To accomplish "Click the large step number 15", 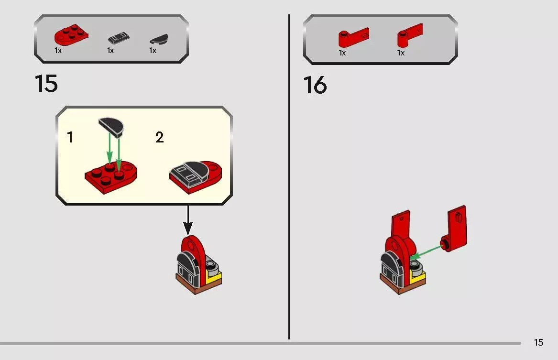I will pos(46,84).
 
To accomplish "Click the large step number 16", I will pos(315,86).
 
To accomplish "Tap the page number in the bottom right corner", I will pos(538,342).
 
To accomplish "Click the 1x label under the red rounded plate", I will pos(58,51).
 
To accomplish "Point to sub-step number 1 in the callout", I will pos(70,138).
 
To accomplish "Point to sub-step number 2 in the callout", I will pos(159,138).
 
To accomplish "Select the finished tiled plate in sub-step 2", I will pos(196,176).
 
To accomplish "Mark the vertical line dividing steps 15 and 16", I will pos(289,177).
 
